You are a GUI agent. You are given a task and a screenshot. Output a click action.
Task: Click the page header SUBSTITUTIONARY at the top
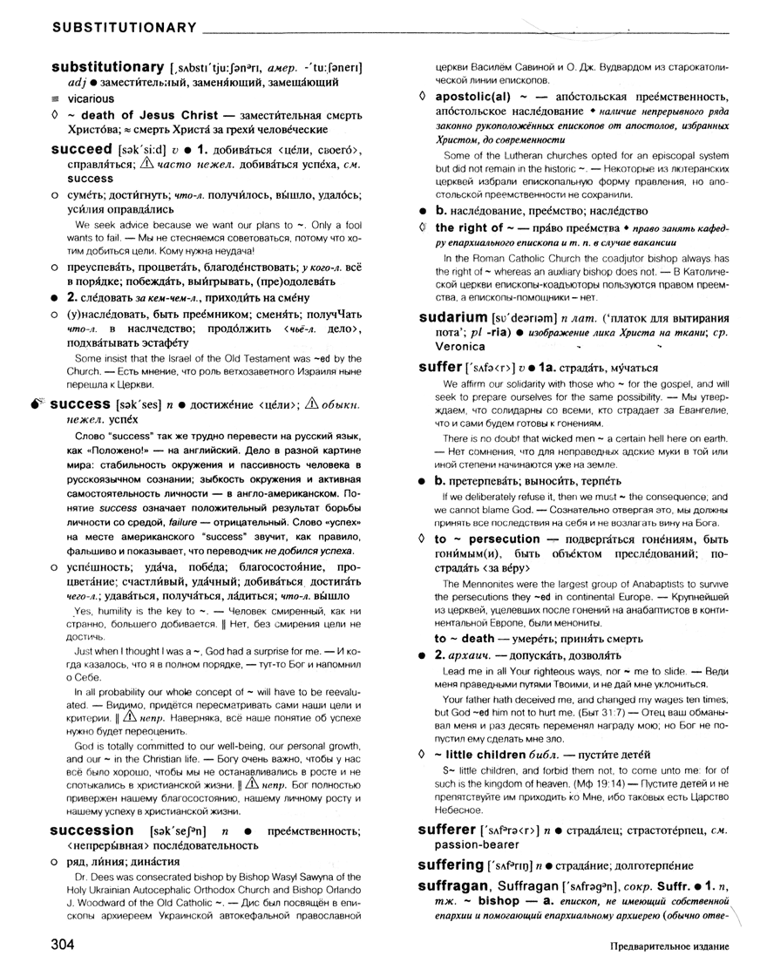point(124,29)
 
